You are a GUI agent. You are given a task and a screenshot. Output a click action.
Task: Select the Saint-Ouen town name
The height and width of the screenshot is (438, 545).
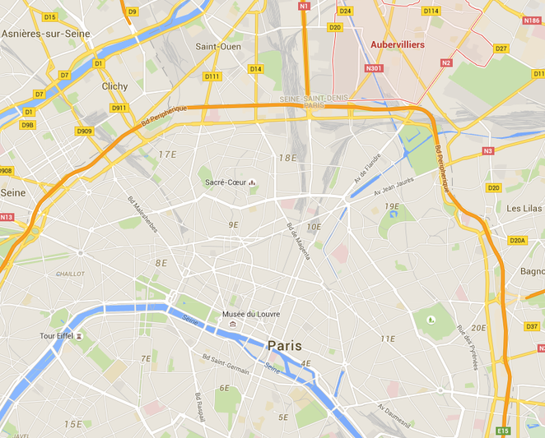217,47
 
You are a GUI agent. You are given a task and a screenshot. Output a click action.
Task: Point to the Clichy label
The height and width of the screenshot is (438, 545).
114,86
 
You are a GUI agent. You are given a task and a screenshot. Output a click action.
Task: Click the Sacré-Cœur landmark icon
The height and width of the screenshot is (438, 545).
252,182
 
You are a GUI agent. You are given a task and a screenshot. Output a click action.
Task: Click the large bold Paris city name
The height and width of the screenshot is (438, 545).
284,346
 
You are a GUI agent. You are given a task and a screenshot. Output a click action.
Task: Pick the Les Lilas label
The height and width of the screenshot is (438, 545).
524,209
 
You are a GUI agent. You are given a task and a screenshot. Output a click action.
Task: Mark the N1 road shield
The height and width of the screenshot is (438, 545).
303,7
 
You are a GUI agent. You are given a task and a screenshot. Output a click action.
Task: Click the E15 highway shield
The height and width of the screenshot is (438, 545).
503,431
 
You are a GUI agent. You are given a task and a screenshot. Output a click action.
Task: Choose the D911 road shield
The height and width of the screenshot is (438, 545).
119,108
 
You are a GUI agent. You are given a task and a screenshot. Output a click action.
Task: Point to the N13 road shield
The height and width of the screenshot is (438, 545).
7,217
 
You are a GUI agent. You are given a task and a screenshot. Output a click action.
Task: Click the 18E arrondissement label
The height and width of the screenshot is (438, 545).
287,157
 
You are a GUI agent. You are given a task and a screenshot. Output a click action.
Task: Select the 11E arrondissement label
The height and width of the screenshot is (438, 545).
388,339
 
